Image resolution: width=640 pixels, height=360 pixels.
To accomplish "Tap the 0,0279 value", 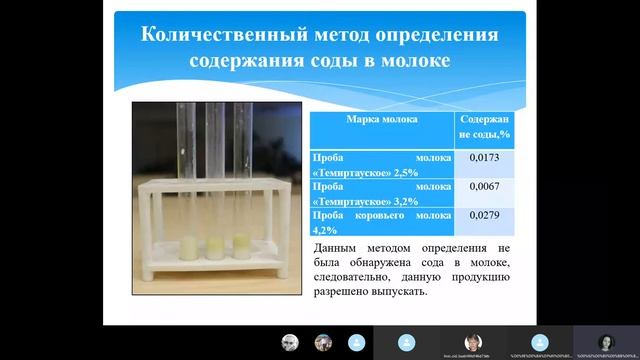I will pos(485,215).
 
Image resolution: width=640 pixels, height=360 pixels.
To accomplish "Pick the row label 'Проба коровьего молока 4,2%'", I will pos(382,221).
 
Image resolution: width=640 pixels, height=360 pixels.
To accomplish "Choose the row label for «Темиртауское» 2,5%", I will pos(382,165).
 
